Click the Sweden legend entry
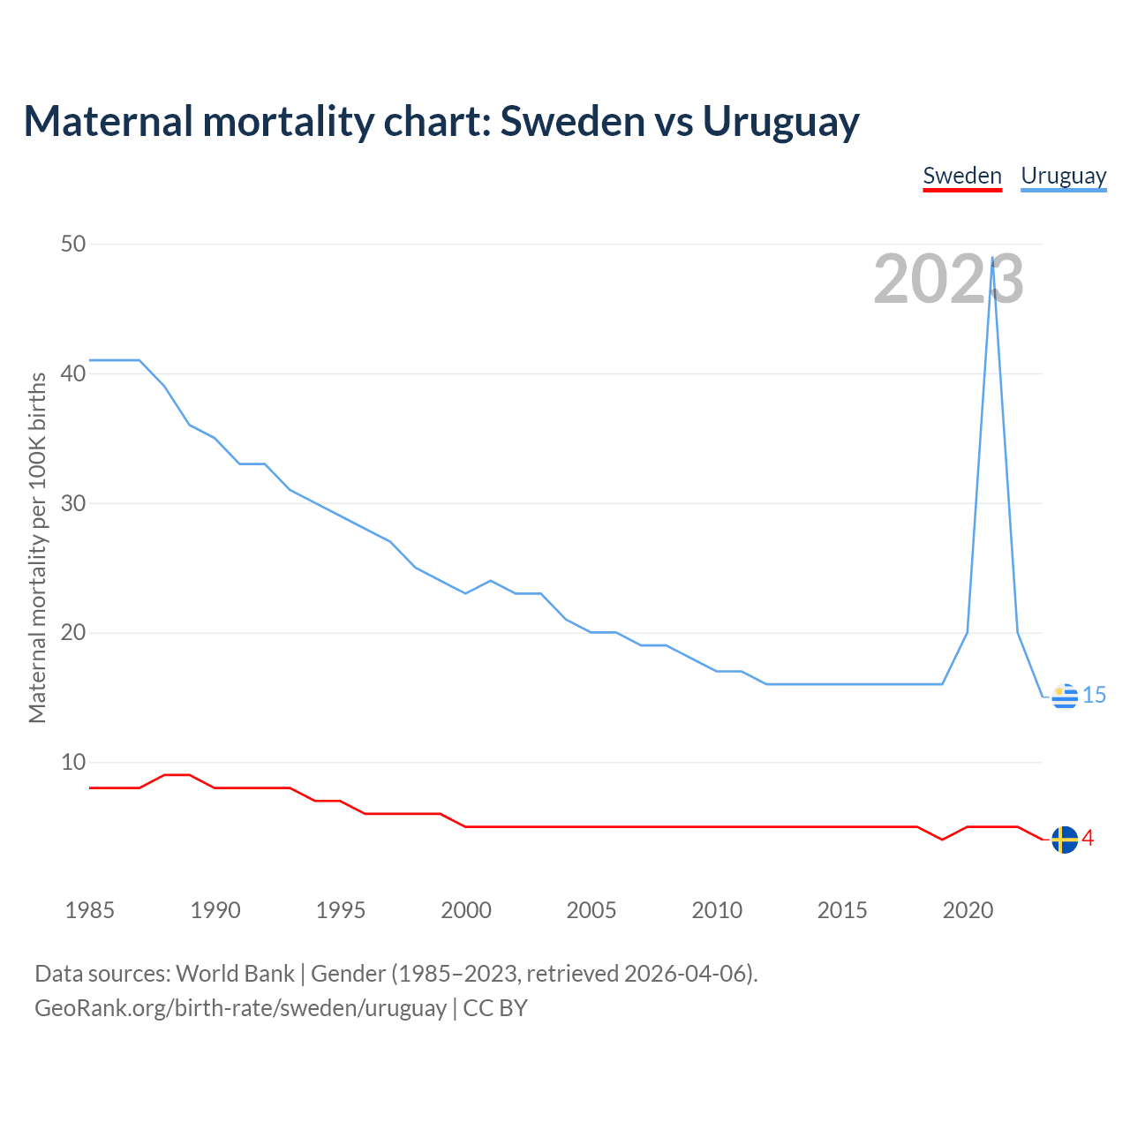(x=962, y=176)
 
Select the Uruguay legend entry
(x=1064, y=176)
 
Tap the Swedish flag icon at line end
(x=1065, y=840)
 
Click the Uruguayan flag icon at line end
(x=1065, y=697)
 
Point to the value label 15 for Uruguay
(x=1095, y=696)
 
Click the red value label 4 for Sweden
(x=1089, y=839)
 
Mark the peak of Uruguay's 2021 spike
(x=993, y=258)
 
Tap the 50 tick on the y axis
(x=73, y=244)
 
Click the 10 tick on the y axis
(x=73, y=762)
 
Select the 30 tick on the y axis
(x=73, y=503)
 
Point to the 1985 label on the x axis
(x=90, y=910)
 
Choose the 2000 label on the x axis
(x=466, y=910)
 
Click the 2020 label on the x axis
(x=968, y=910)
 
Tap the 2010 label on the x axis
(x=717, y=910)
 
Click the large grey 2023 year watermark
(x=948, y=280)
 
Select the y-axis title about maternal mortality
(x=37, y=547)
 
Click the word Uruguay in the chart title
(x=780, y=122)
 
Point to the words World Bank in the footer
(x=235, y=974)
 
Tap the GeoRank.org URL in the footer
(x=240, y=1008)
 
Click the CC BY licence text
(x=495, y=1008)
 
